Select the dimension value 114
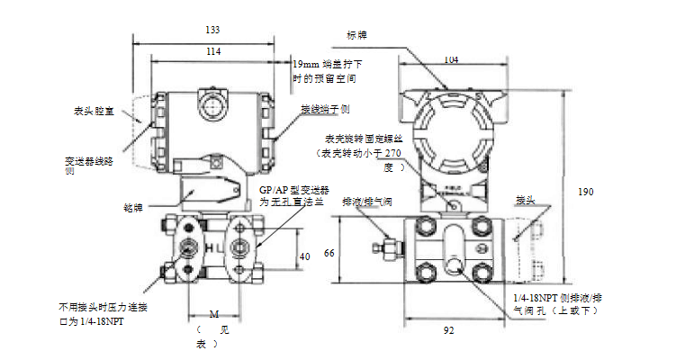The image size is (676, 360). [x=213, y=52]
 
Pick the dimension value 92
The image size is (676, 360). [x=449, y=331]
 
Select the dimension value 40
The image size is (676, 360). [x=304, y=256]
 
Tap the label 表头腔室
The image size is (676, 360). [x=94, y=112]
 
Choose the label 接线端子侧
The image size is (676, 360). [x=327, y=109]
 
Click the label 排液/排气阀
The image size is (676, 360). [x=366, y=203]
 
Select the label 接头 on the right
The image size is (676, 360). [x=525, y=199]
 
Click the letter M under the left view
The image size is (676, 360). [x=213, y=313]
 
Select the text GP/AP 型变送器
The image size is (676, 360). [x=294, y=191]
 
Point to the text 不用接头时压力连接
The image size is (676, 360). [x=102, y=307]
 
